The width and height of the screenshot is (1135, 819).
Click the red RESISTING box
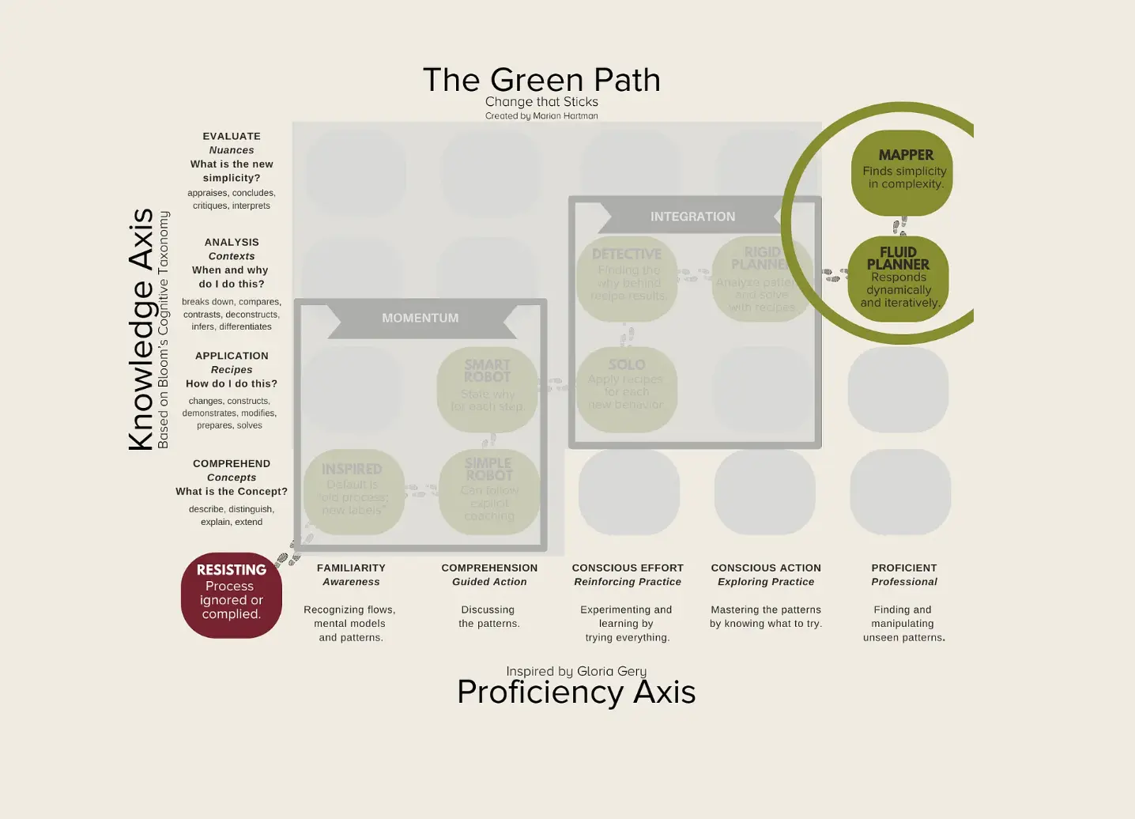tap(231, 594)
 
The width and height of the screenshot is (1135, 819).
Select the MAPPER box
tap(902, 172)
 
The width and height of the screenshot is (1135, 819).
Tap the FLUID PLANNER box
tap(898, 279)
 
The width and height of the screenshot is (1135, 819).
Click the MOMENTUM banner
tap(420, 318)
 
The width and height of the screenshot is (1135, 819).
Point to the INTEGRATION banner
tap(692, 217)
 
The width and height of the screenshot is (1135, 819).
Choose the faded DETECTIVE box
tap(627, 278)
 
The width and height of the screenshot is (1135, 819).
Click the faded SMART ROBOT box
tap(488, 389)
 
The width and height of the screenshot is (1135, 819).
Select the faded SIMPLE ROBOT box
tap(489, 491)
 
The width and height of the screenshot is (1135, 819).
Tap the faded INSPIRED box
tap(353, 491)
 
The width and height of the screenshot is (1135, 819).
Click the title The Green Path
tap(541, 80)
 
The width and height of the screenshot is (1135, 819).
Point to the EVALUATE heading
tap(232, 136)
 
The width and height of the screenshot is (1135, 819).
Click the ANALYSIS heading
tap(232, 242)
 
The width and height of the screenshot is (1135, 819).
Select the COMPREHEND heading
tap(232, 463)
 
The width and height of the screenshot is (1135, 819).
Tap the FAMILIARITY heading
tap(351, 568)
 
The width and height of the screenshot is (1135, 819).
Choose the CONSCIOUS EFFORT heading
tap(628, 568)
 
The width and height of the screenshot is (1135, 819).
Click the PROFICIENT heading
tap(904, 568)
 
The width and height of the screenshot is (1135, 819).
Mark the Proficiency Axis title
tap(576, 692)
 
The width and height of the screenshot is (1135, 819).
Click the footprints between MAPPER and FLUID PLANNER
tap(899, 226)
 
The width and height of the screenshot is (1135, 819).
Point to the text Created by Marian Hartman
tap(541, 115)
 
